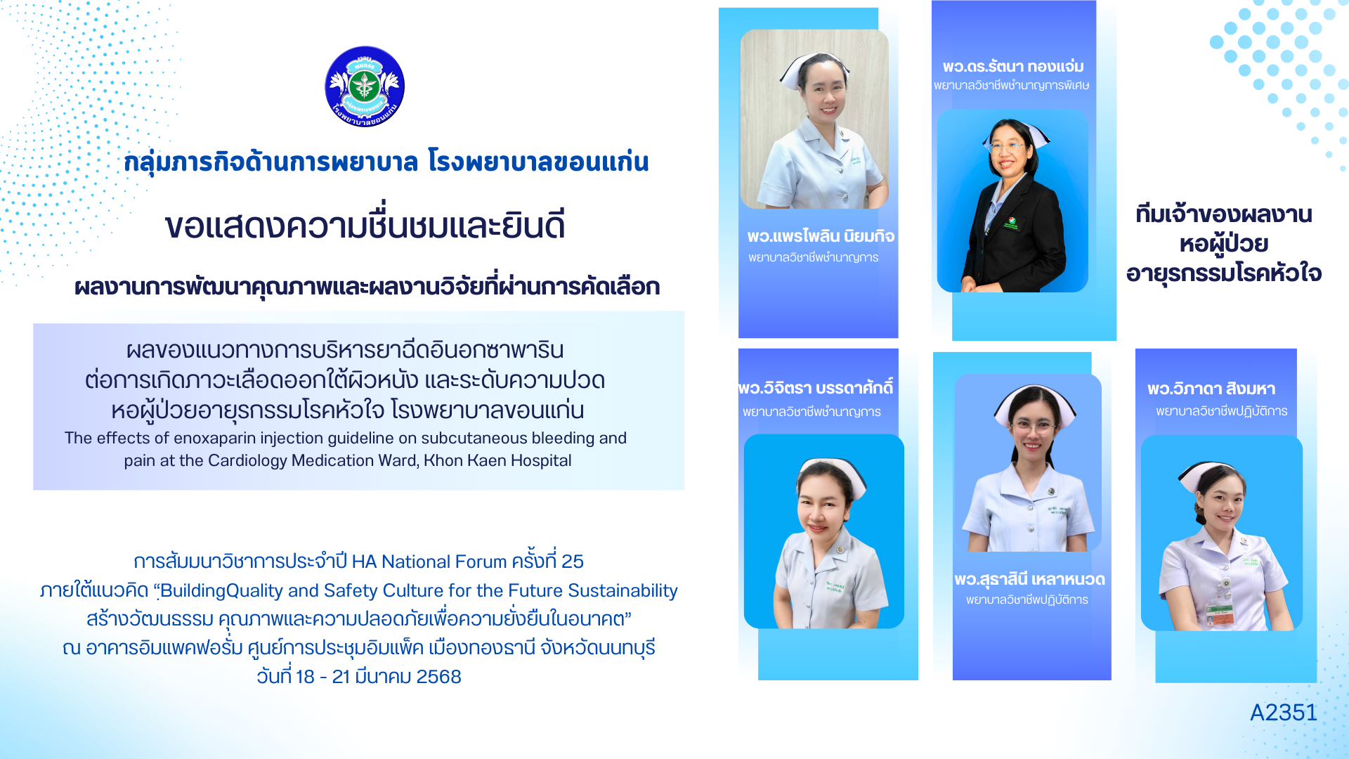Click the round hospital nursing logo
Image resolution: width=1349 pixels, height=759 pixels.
pos(365,86)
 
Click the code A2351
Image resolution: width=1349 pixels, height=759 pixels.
pos(1284,713)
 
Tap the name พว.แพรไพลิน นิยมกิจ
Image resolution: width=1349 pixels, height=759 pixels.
pos(821,236)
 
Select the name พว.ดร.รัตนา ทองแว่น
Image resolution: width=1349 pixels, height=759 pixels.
pos(1013,66)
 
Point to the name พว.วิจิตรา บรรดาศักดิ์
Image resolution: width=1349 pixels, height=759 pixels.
pos(816,388)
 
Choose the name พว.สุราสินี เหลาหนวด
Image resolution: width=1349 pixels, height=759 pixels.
pos(1030,580)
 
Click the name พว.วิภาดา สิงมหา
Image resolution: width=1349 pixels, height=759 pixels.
pos(1211,389)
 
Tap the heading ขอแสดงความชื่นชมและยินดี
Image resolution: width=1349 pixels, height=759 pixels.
pos(365,226)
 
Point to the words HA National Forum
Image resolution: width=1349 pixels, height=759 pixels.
pos(429,562)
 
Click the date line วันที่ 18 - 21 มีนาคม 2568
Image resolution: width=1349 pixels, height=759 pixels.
pos(359,677)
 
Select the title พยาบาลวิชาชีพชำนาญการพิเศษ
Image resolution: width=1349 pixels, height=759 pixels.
pos(1012,86)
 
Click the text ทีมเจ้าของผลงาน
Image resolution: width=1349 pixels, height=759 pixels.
pos(1224,214)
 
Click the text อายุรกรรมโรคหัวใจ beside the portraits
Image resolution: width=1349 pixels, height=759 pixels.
pos(1224,273)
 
